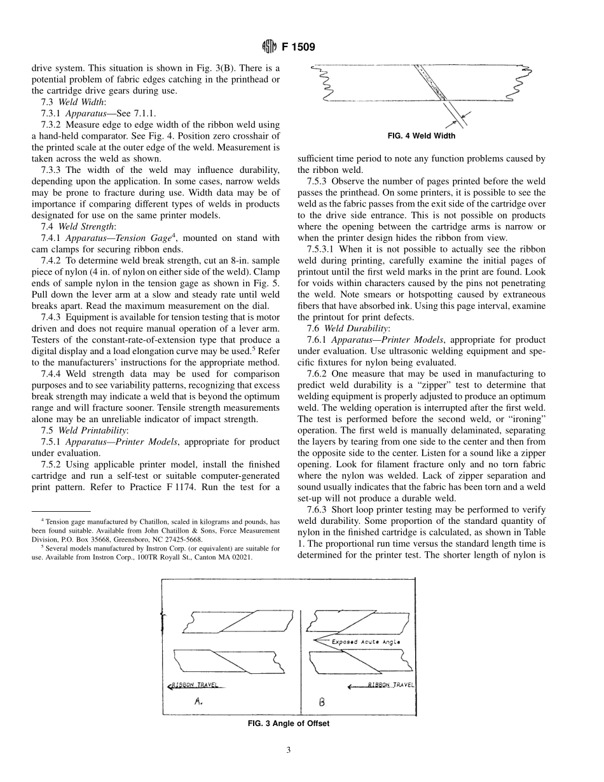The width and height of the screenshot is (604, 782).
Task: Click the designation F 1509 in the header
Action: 298,46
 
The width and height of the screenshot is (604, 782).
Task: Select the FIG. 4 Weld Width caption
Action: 421,135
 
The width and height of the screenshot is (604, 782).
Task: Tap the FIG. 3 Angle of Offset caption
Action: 288,723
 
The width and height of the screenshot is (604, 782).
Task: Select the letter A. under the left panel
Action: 198,703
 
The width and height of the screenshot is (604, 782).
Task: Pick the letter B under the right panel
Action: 320,703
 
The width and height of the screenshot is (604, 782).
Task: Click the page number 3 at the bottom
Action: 288,750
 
